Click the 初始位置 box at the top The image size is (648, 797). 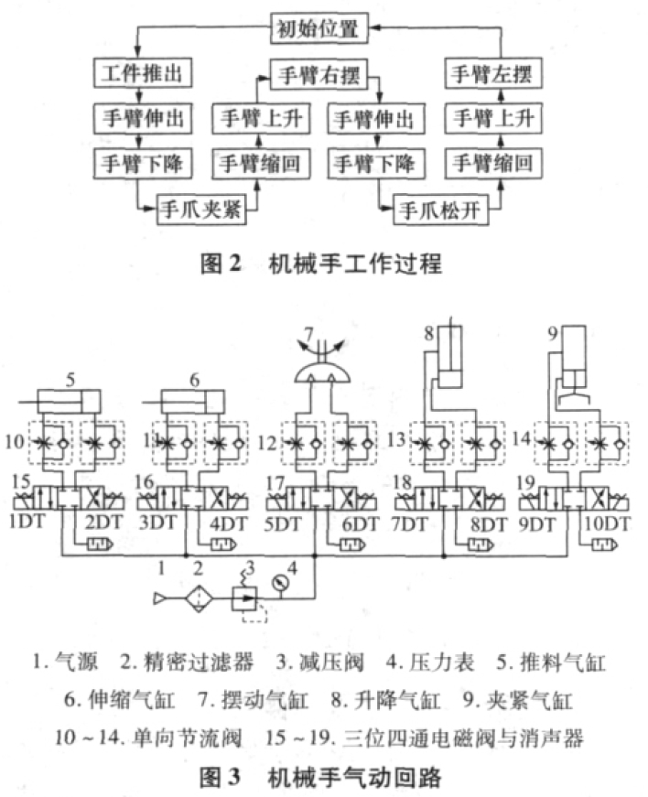coord(319,28)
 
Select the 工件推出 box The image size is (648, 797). coord(143,72)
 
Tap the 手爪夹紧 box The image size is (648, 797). coord(201,209)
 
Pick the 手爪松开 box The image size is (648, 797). coord(440,210)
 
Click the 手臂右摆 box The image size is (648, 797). coord(319,75)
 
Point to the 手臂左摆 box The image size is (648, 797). coord(492,74)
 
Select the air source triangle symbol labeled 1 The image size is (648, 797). coord(159,598)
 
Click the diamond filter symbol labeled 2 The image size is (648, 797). coord(199,598)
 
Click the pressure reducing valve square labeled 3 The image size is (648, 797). coord(244,598)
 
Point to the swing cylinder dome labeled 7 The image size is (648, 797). coord(322,373)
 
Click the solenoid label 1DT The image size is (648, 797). coord(27,522)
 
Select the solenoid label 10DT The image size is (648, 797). coord(608,523)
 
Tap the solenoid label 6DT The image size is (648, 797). coord(361,523)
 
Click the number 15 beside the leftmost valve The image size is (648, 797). coord(21,480)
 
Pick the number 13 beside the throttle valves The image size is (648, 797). coord(396,439)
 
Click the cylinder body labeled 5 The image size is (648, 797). coord(70,402)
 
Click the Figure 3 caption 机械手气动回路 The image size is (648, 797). coord(355,777)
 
